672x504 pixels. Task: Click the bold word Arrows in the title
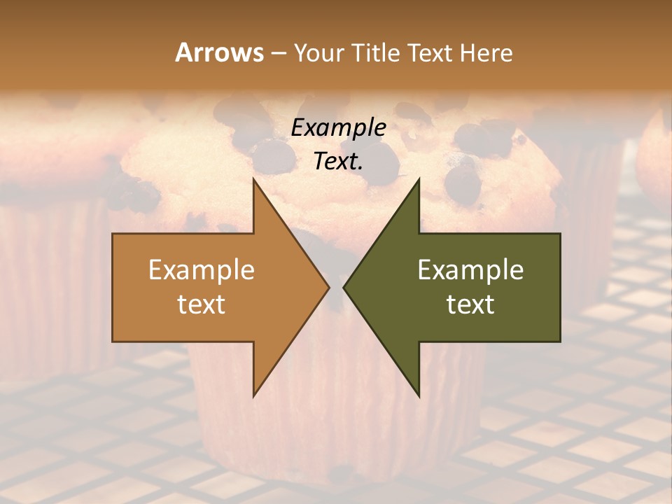click(x=219, y=52)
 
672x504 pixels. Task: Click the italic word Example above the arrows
click(x=338, y=128)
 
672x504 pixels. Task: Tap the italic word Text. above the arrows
click(x=338, y=161)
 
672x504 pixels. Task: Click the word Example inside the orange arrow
click(x=201, y=270)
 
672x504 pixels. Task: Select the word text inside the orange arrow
click(x=201, y=304)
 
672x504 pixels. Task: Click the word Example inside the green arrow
click(x=470, y=270)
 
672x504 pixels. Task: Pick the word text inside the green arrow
click(x=470, y=304)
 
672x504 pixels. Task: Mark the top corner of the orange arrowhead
click(x=254, y=181)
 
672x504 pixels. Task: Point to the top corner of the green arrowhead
click(x=419, y=181)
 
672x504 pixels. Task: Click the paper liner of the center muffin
click(x=336, y=420)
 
